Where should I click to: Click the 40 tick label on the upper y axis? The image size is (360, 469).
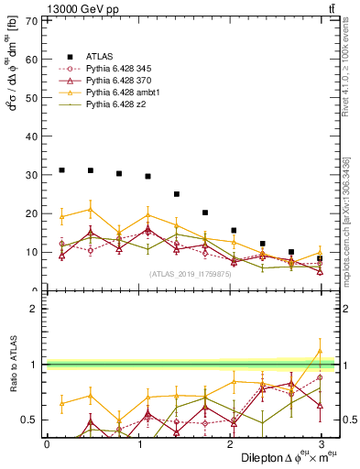point(34,136)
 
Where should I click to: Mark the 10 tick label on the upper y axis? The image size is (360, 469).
point(34,252)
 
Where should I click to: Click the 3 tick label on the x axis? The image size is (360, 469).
point(321,443)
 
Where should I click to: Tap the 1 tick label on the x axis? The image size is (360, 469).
point(138,443)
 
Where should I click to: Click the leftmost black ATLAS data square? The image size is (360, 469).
point(61,170)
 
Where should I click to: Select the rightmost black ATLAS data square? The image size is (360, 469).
point(320,258)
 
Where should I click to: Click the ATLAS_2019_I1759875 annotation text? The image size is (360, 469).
point(190,274)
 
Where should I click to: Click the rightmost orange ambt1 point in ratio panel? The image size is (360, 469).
point(320,350)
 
